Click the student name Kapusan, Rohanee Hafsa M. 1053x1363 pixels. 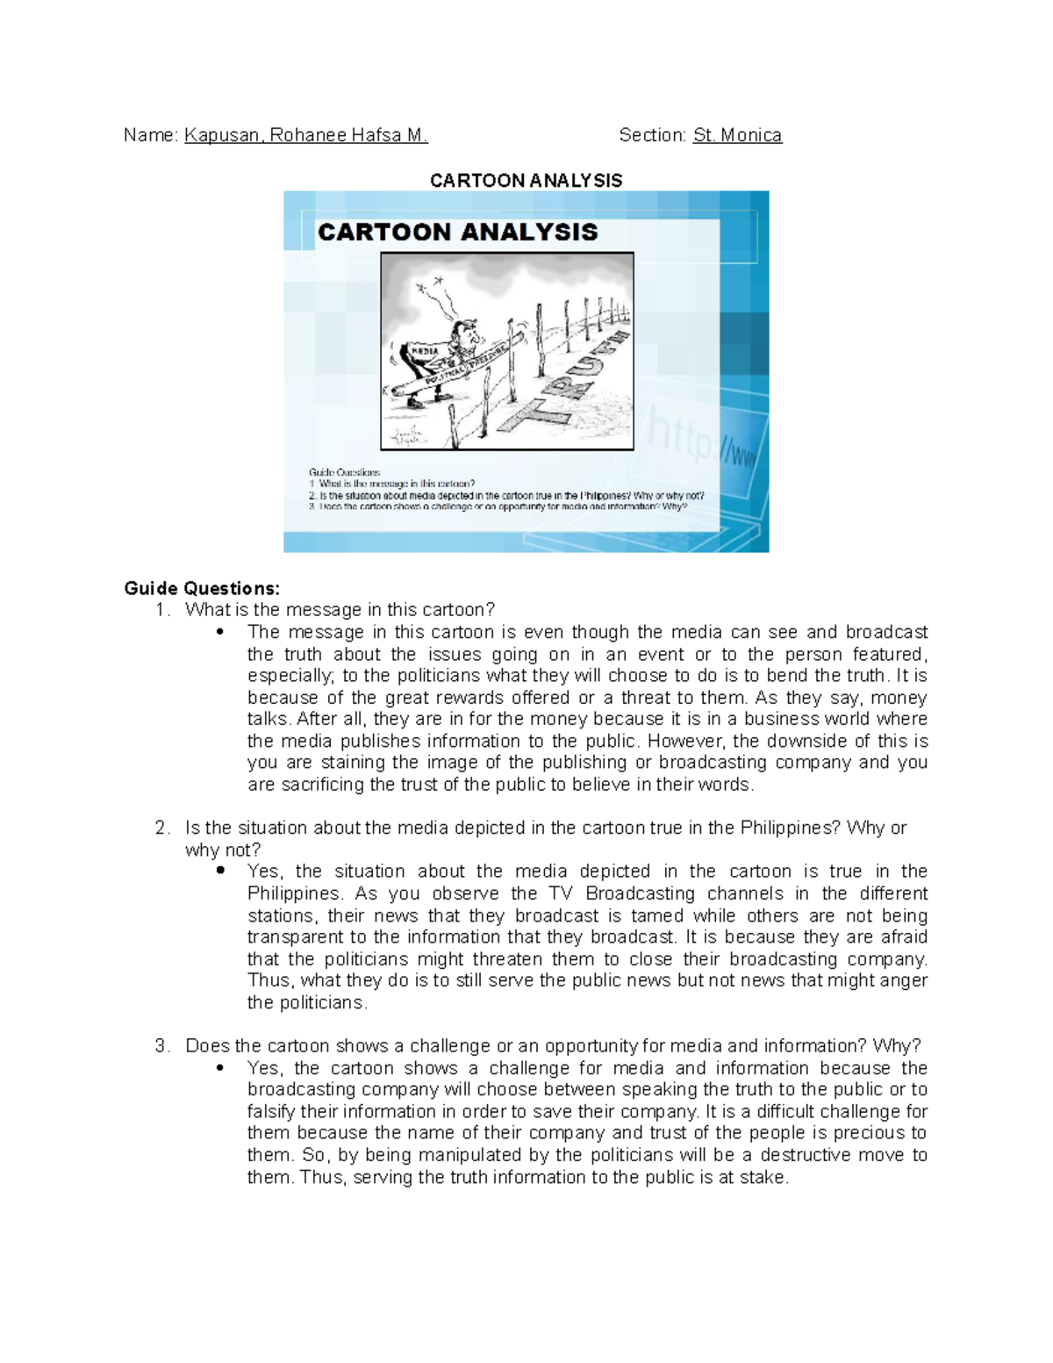tap(305, 135)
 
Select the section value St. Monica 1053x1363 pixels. tap(737, 135)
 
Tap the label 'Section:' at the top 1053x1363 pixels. tap(652, 135)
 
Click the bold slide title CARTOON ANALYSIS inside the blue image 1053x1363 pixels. tap(457, 232)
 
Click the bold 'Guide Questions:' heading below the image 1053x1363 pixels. tap(202, 588)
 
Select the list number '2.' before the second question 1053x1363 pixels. tap(161, 828)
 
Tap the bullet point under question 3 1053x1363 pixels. tap(220, 1068)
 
